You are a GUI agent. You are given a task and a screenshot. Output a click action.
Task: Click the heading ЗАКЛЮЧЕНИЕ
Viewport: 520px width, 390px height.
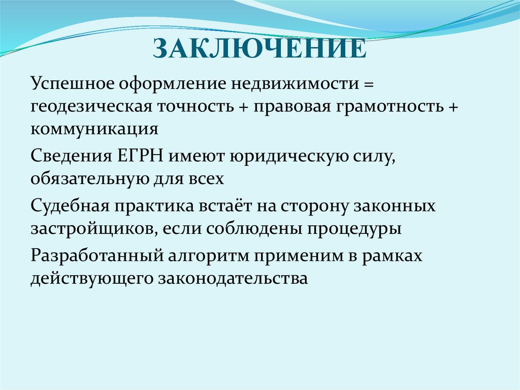pyautogui.click(x=259, y=50)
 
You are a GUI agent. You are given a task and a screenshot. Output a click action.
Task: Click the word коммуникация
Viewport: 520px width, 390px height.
pyautogui.click(x=95, y=129)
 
